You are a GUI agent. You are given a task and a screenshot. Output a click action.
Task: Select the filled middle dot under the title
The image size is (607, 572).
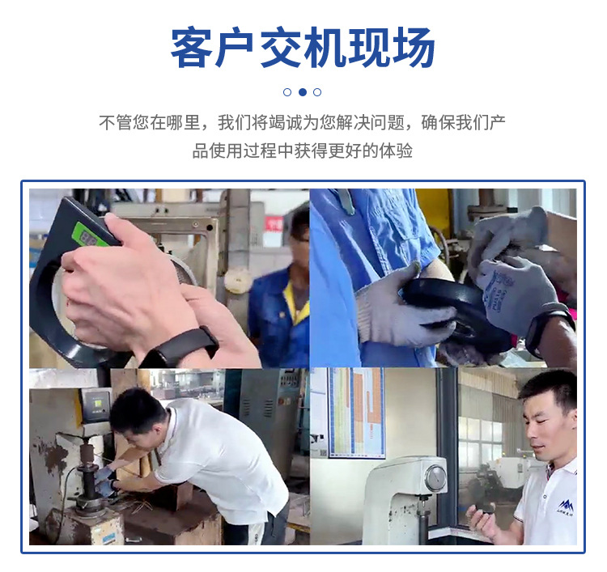pos(302,92)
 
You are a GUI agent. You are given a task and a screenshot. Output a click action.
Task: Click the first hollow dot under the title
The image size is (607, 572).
pos(287,92)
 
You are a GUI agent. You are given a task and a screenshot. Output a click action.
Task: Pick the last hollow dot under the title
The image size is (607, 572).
pos(317,92)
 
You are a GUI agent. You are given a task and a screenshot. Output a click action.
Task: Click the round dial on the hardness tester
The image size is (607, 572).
pos(435,479)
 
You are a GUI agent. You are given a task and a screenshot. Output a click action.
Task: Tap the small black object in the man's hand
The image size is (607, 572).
pos(485,509)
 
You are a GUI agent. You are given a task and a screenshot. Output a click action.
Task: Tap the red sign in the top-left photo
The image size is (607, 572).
pos(274,223)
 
